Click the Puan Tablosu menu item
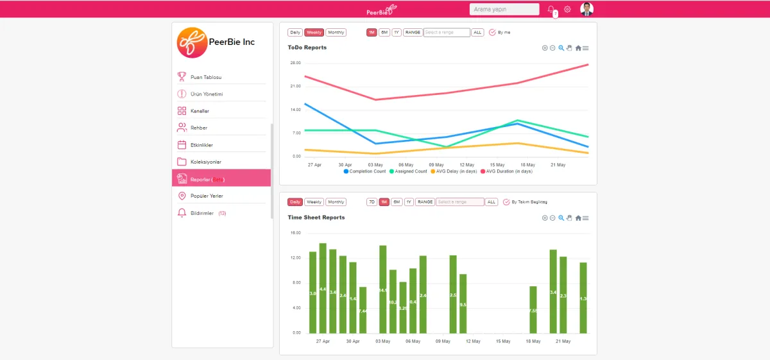[x=206, y=77]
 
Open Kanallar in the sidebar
[x=200, y=111]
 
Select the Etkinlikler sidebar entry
[x=201, y=145]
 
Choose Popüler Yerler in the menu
[x=207, y=196]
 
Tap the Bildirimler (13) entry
[x=208, y=213]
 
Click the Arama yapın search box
[x=504, y=9]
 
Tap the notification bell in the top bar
[x=551, y=9]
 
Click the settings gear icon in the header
[x=567, y=9]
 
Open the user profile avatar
[x=586, y=9]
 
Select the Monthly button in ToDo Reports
[x=336, y=32]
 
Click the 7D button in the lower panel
[x=372, y=201]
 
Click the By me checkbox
[x=493, y=32]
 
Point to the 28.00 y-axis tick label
[x=295, y=63]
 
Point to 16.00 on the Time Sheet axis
[x=295, y=233]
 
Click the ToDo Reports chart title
[x=307, y=47]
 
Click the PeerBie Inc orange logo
[x=192, y=42]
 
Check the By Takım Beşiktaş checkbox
[x=506, y=201]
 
